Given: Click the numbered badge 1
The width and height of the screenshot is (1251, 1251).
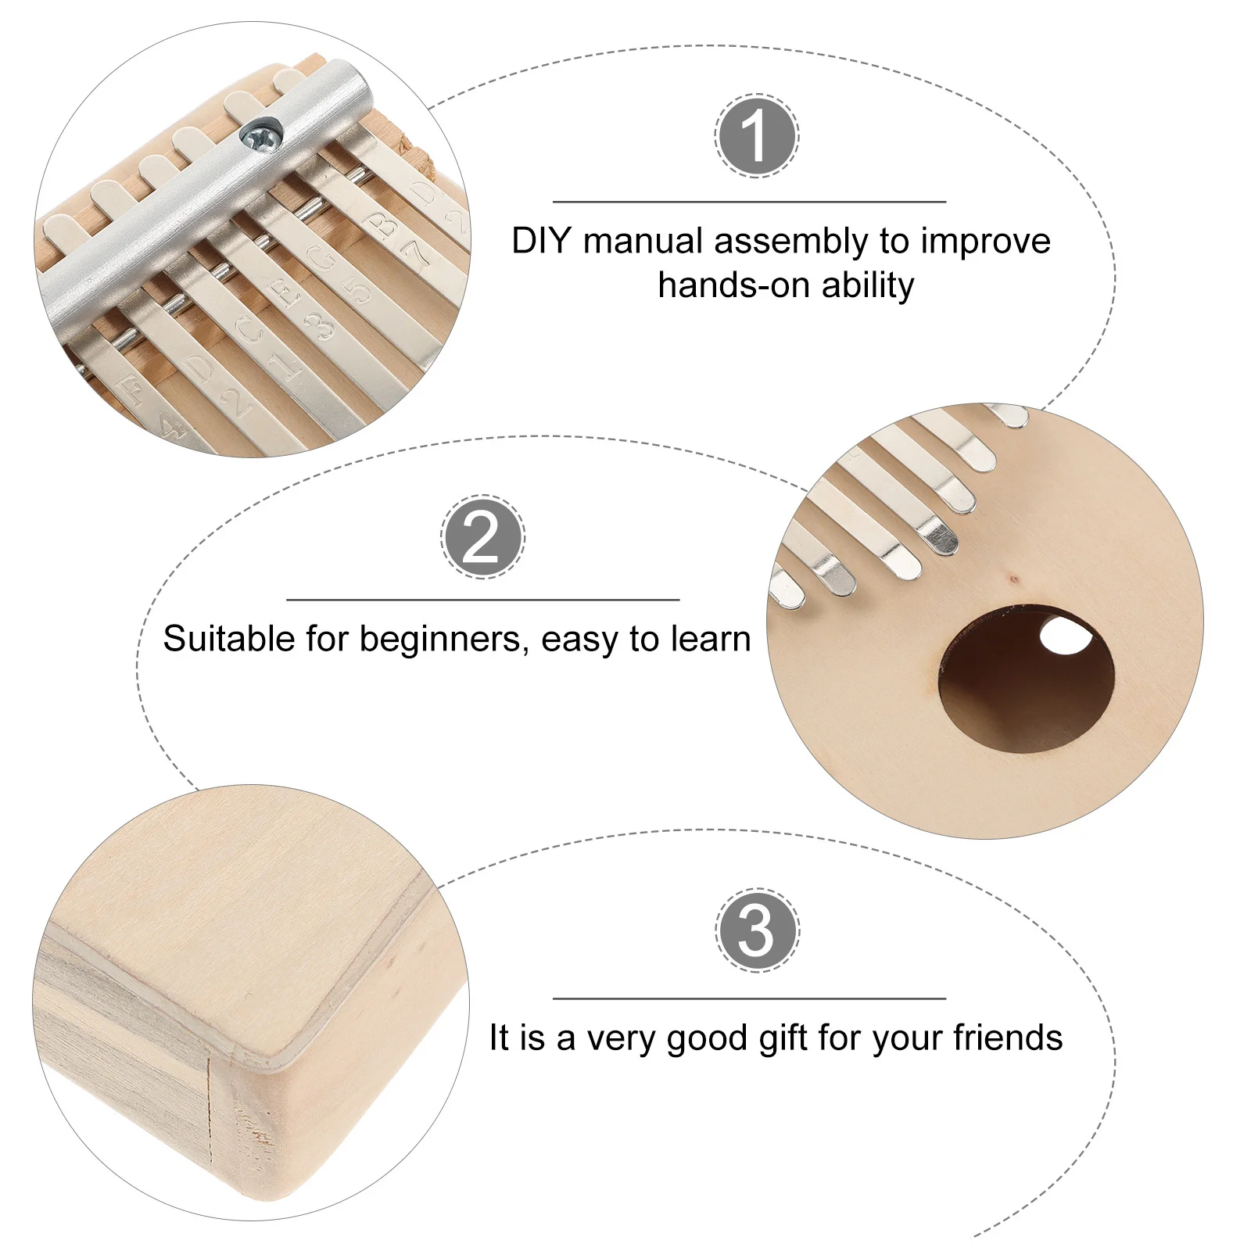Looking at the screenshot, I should click(x=756, y=136).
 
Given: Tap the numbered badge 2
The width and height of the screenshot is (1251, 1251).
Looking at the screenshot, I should click(x=482, y=537).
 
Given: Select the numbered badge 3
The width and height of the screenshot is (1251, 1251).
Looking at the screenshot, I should click(x=756, y=930).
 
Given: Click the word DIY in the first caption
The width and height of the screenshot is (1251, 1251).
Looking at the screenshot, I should click(x=542, y=241).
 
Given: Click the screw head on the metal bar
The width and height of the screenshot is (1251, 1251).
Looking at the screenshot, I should click(x=258, y=134).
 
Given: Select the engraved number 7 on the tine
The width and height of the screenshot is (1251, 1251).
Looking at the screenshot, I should click(x=414, y=249).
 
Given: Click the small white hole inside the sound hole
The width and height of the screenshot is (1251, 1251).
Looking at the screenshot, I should click(x=1065, y=635).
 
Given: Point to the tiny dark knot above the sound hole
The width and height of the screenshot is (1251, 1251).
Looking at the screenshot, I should click(x=1014, y=580).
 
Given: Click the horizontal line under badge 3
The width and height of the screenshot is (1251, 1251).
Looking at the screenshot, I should click(x=749, y=998).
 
